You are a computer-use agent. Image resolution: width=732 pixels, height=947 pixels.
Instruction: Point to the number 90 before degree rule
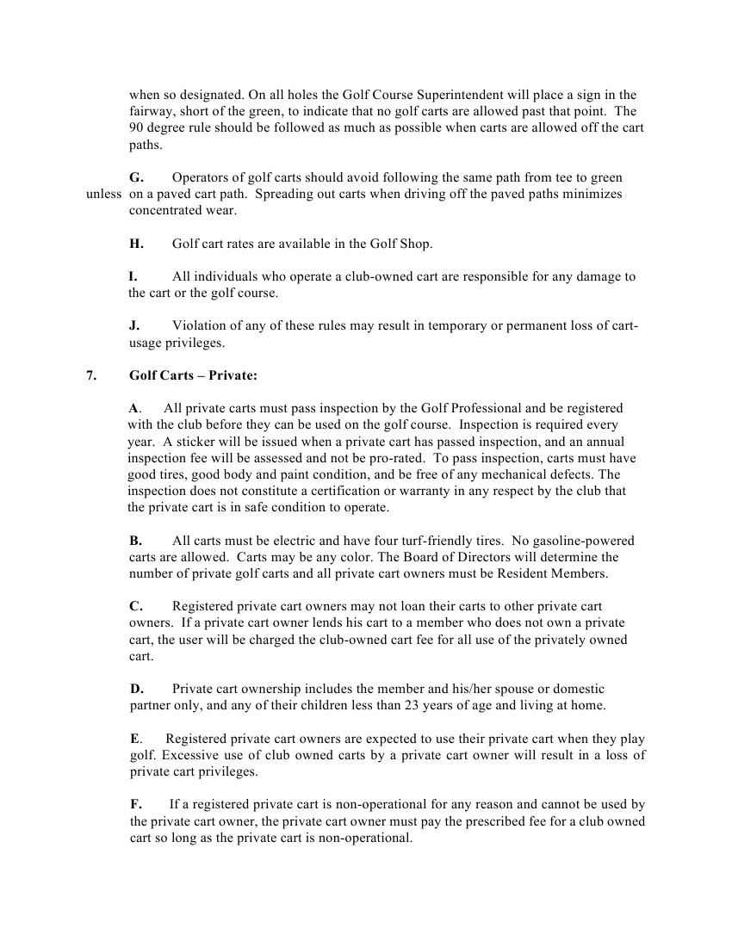(137, 128)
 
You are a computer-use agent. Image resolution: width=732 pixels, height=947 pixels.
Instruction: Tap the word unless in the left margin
(104, 194)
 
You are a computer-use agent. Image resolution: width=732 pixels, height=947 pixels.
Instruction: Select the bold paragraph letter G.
(136, 177)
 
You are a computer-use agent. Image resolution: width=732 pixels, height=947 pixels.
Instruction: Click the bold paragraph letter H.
(136, 244)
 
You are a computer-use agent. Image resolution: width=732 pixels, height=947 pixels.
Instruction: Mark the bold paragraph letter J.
(135, 325)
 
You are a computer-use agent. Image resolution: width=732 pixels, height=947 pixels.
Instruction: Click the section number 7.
(91, 375)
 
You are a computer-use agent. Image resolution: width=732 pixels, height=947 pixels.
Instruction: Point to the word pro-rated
(389, 457)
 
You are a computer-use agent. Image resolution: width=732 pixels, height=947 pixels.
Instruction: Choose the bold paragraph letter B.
(135, 541)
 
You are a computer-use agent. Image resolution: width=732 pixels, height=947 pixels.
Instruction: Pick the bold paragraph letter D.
(136, 689)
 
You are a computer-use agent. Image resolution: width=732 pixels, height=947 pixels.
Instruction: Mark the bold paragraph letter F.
(135, 805)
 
